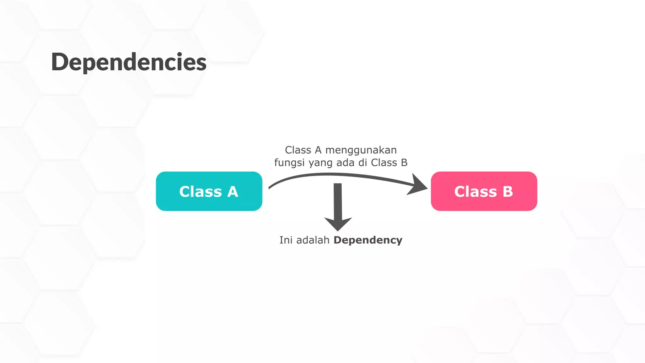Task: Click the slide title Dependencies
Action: point(128,62)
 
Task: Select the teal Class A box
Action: point(209,191)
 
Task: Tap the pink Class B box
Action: point(484,191)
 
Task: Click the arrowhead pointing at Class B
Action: point(418,185)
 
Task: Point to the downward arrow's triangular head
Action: point(338,223)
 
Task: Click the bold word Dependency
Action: point(368,240)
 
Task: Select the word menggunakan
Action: point(361,150)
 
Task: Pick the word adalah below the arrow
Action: point(313,240)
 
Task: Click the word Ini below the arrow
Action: point(286,240)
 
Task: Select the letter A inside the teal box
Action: point(232,192)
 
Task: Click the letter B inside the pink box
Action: point(507,192)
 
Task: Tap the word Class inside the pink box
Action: point(475,192)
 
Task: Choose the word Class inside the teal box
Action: point(200,192)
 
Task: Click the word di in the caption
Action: point(362,163)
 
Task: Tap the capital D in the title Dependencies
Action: point(60,62)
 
